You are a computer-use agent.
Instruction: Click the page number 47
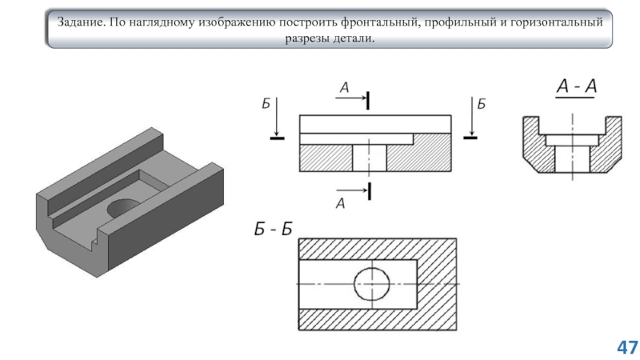[627, 347]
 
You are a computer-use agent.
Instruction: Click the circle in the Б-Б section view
[371, 283]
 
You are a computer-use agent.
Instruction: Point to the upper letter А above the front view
[344, 88]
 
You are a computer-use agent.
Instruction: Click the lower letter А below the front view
[340, 204]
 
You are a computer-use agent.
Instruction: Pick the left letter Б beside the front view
[266, 104]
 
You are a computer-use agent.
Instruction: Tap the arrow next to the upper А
[352, 100]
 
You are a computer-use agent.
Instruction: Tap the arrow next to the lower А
[352, 190]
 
